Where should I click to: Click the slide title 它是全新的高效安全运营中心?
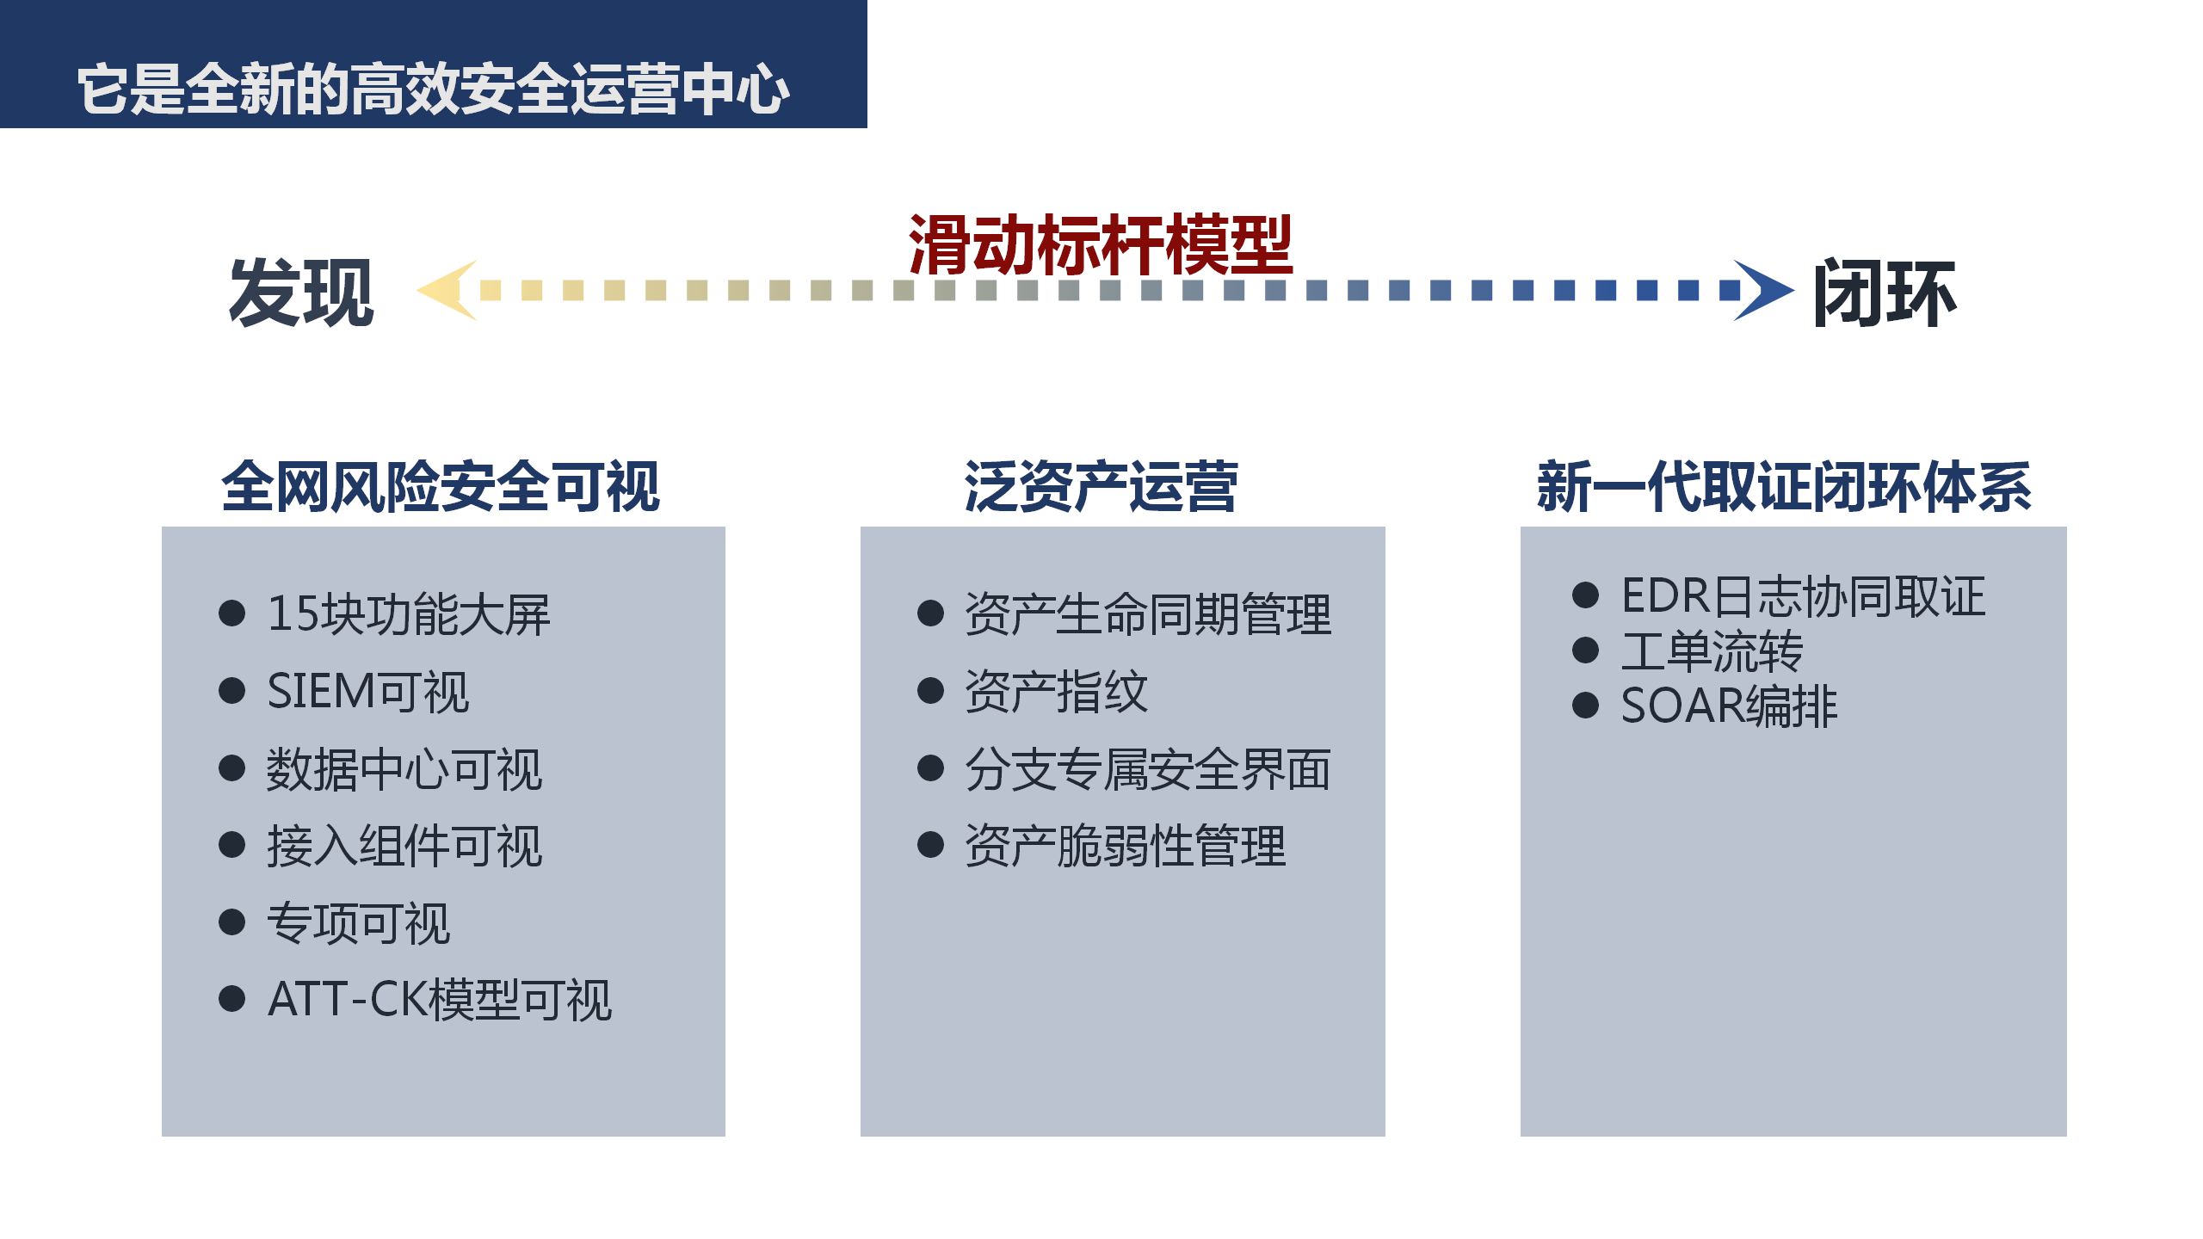pyautogui.click(x=433, y=89)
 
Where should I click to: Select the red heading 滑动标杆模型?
pyautogui.click(x=1101, y=245)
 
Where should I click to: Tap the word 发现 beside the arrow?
pyautogui.click(x=301, y=293)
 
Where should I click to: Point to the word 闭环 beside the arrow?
pyautogui.click(x=1885, y=293)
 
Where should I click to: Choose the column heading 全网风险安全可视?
pyautogui.click(x=441, y=486)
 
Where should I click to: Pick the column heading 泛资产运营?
pyautogui.click(x=1101, y=486)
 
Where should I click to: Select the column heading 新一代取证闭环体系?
pyautogui.click(x=1784, y=486)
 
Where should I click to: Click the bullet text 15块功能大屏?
pyautogui.click(x=409, y=614)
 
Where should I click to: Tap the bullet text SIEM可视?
pyautogui.click(x=368, y=692)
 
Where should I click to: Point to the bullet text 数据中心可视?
pyautogui.click(x=404, y=769)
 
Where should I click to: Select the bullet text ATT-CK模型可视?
pyautogui.click(x=440, y=1000)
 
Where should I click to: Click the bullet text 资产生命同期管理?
pyautogui.click(x=1148, y=614)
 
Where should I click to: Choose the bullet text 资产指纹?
pyautogui.click(x=1056, y=692)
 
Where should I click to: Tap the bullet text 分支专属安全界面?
pyautogui.click(x=1148, y=769)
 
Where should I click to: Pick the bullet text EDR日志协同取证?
pyautogui.click(x=1803, y=596)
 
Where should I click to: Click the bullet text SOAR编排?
pyautogui.click(x=1729, y=706)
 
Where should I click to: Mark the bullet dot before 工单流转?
pyautogui.click(x=1585, y=650)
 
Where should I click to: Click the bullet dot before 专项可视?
pyautogui.click(x=232, y=922)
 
